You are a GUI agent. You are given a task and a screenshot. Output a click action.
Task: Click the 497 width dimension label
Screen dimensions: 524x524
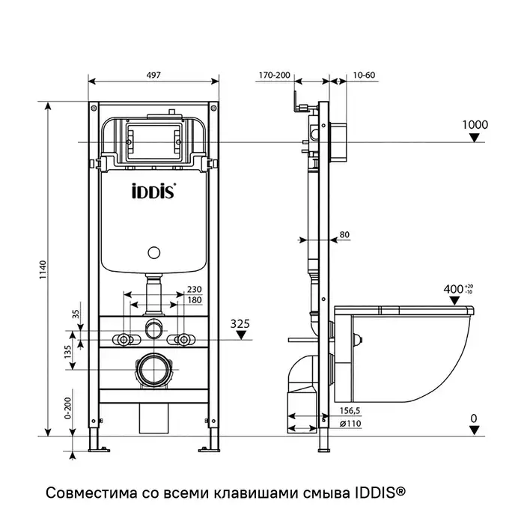154,75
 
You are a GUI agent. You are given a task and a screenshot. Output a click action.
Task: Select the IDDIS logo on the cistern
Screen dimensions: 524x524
154,191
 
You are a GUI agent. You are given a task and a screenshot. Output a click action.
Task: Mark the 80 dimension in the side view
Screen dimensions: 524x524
344,235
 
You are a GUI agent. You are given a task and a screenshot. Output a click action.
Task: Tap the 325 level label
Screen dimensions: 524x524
240,323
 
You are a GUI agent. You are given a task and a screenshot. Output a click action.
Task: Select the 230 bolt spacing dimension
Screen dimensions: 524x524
195,290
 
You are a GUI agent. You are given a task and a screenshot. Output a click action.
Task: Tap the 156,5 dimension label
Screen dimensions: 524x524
350,411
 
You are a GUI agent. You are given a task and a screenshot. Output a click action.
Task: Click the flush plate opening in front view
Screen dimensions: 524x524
154,139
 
